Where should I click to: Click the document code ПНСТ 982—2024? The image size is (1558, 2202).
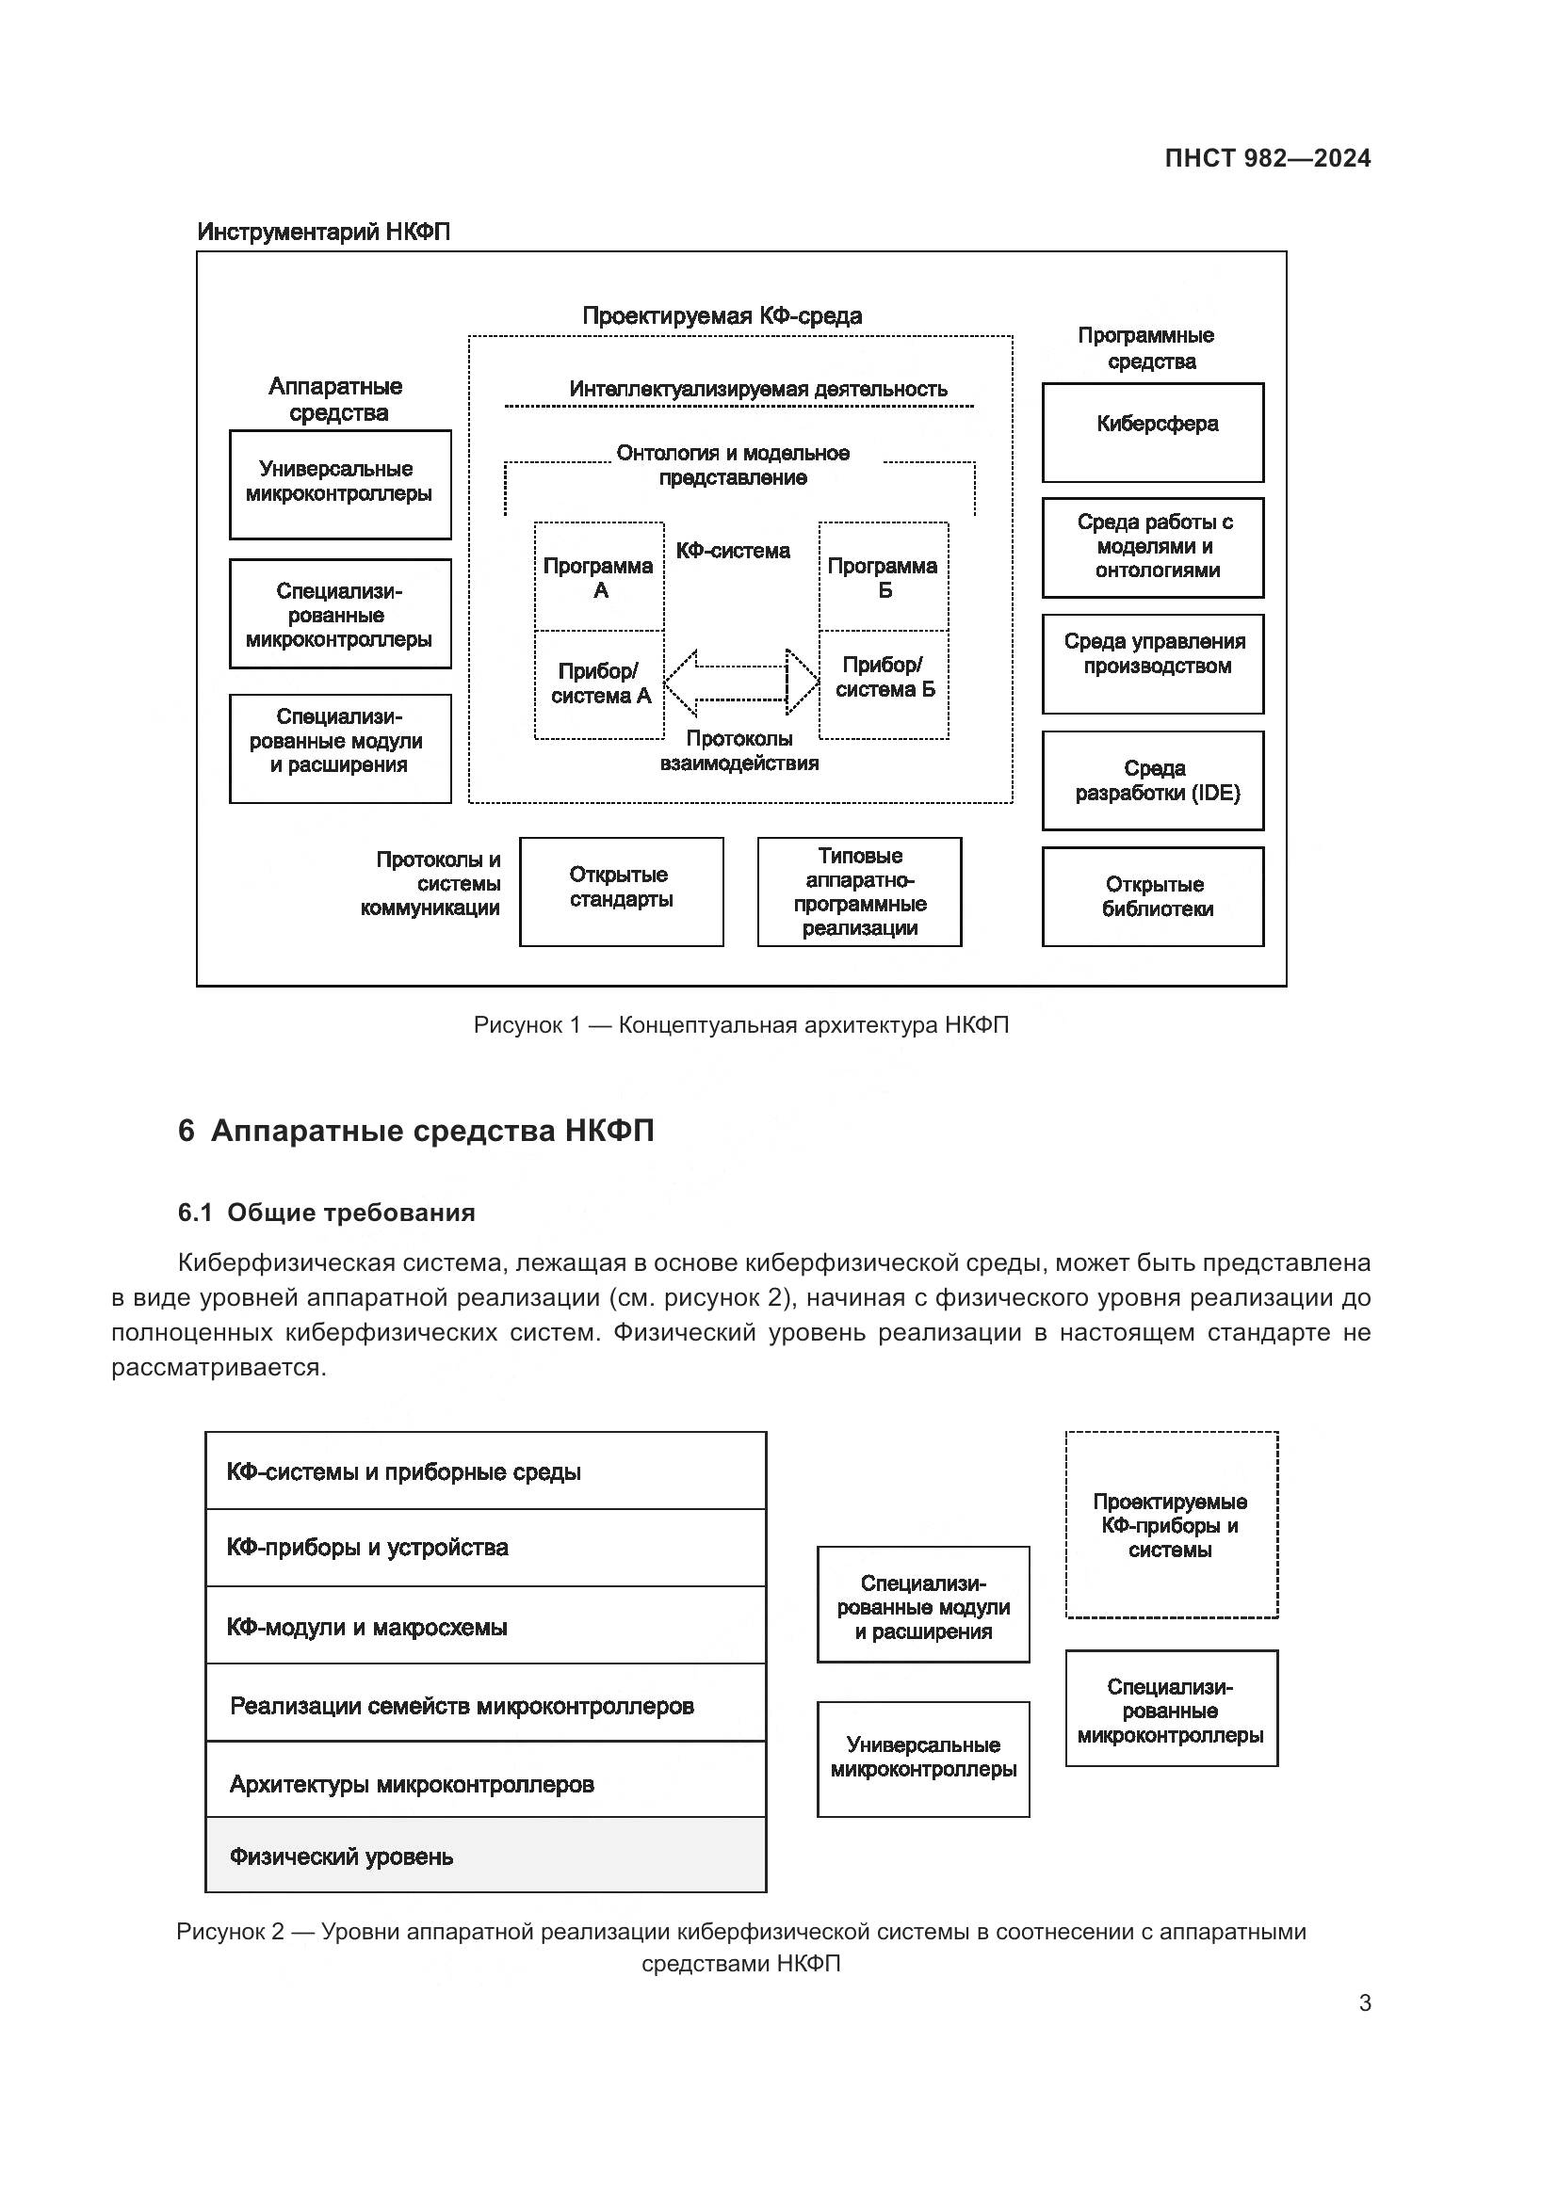pyautogui.click(x=1266, y=158)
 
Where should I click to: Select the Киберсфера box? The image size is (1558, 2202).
pyautogui.click(x=1152, y=432)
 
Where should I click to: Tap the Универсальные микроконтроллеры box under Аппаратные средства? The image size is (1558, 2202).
pyautogui.click(x=340, y=483)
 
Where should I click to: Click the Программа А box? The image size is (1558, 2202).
pyautogui.click(x=599, y=576)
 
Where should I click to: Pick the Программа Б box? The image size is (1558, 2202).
pyautogui.click(x=883, y=576)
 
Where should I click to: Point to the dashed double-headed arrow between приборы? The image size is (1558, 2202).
pyautogui.click(x=740, y=683)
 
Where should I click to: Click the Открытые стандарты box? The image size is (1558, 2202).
pyautogui.click(x=621, y=891)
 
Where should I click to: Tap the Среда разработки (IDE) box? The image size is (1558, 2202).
pyautogui.click(x=1152, y=780)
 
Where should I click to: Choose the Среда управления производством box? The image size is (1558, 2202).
pyautogui.click(x=1152, y=664)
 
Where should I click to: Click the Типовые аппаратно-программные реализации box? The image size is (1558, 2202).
pyautogui.click(x=859, y=891)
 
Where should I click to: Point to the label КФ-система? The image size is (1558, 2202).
pyautogui.click(x=733, y=551)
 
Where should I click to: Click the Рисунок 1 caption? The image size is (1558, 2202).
pyautogui.click(x=740, y=1025)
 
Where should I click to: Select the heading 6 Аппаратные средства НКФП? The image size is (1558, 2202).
pyautogui.click(x=415, y=1131)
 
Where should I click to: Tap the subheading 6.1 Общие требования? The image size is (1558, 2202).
pyautogui.click(x=326, y=1213)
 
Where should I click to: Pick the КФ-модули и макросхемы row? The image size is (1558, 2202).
pyautogui.click(x=485, y=1627)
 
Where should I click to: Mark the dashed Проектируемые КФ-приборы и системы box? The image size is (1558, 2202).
pyautogui.click(x=1171, y=1525)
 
